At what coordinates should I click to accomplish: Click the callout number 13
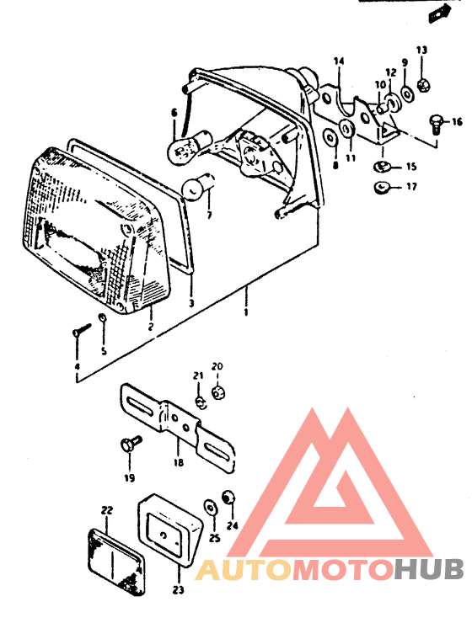point(422,50)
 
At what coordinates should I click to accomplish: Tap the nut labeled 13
point(423,85)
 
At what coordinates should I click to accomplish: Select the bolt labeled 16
point(435,124)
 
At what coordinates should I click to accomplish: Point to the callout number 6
point(174,114)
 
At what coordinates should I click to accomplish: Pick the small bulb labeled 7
point(197,185)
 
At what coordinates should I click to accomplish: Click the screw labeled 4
point(82,329)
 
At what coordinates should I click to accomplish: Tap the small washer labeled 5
point(102,317)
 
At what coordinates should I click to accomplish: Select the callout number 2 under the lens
point(151,327)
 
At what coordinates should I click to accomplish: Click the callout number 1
point(246,311)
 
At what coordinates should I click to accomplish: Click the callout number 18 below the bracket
point(179,462)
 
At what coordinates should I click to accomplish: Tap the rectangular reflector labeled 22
point(116,562)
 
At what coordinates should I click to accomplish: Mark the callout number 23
point(179,589)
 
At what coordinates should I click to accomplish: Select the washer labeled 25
point(210,509)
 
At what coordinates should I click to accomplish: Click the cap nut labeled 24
point(228,496)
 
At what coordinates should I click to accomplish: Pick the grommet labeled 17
point(381,186)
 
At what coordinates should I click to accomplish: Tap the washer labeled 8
point(330,137)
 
